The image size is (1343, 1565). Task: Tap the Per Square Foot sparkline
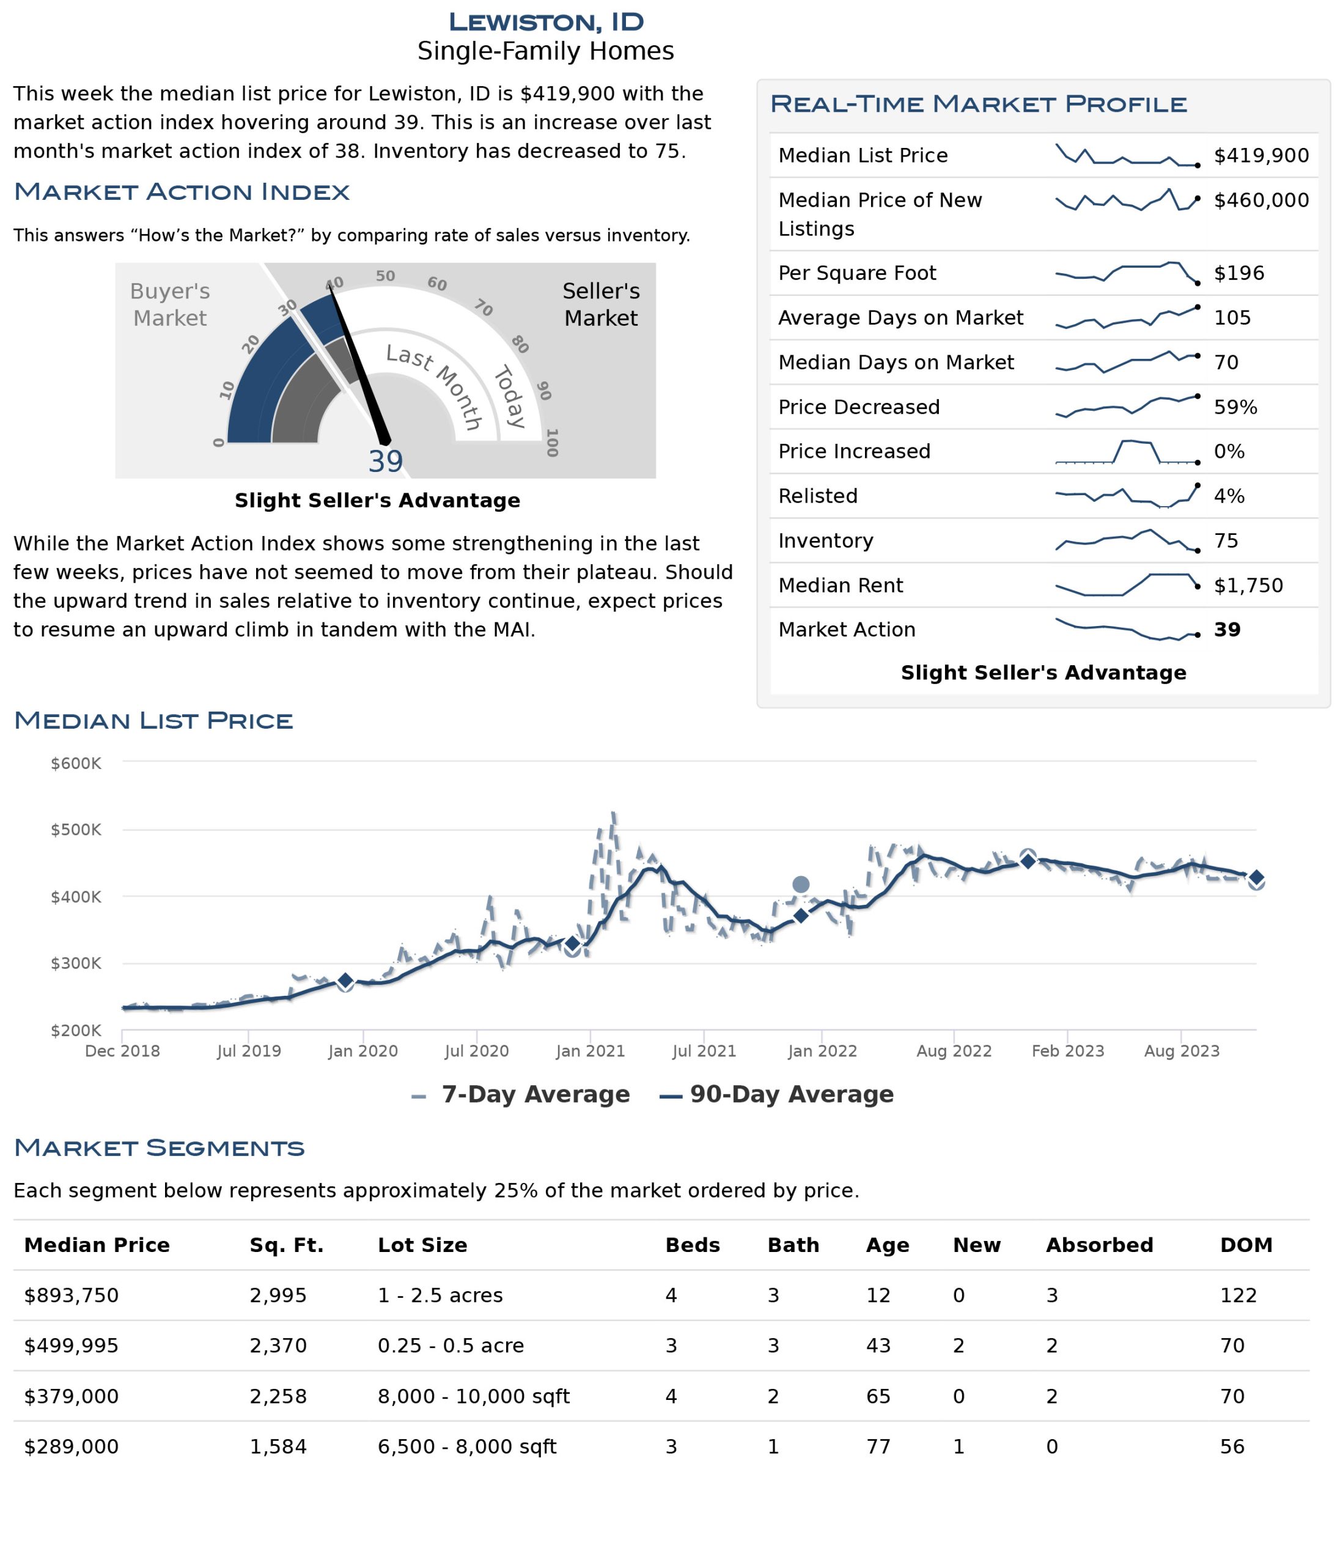[1127, 273]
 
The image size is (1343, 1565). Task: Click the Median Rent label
[841, 586]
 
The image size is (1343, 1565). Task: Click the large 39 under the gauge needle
[385, 462]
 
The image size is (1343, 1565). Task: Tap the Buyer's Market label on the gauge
[170, 304]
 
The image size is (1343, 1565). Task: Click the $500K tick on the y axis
[76, 830]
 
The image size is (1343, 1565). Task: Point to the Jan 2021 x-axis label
[590, 1051]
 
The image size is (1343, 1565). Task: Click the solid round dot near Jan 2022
[801, 885]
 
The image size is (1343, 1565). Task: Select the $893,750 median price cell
[72, 1295]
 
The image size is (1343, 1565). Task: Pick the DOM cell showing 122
[1238, 1295]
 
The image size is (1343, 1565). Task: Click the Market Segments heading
[160, 1148]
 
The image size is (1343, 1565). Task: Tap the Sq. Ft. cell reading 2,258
[278, 1396]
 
